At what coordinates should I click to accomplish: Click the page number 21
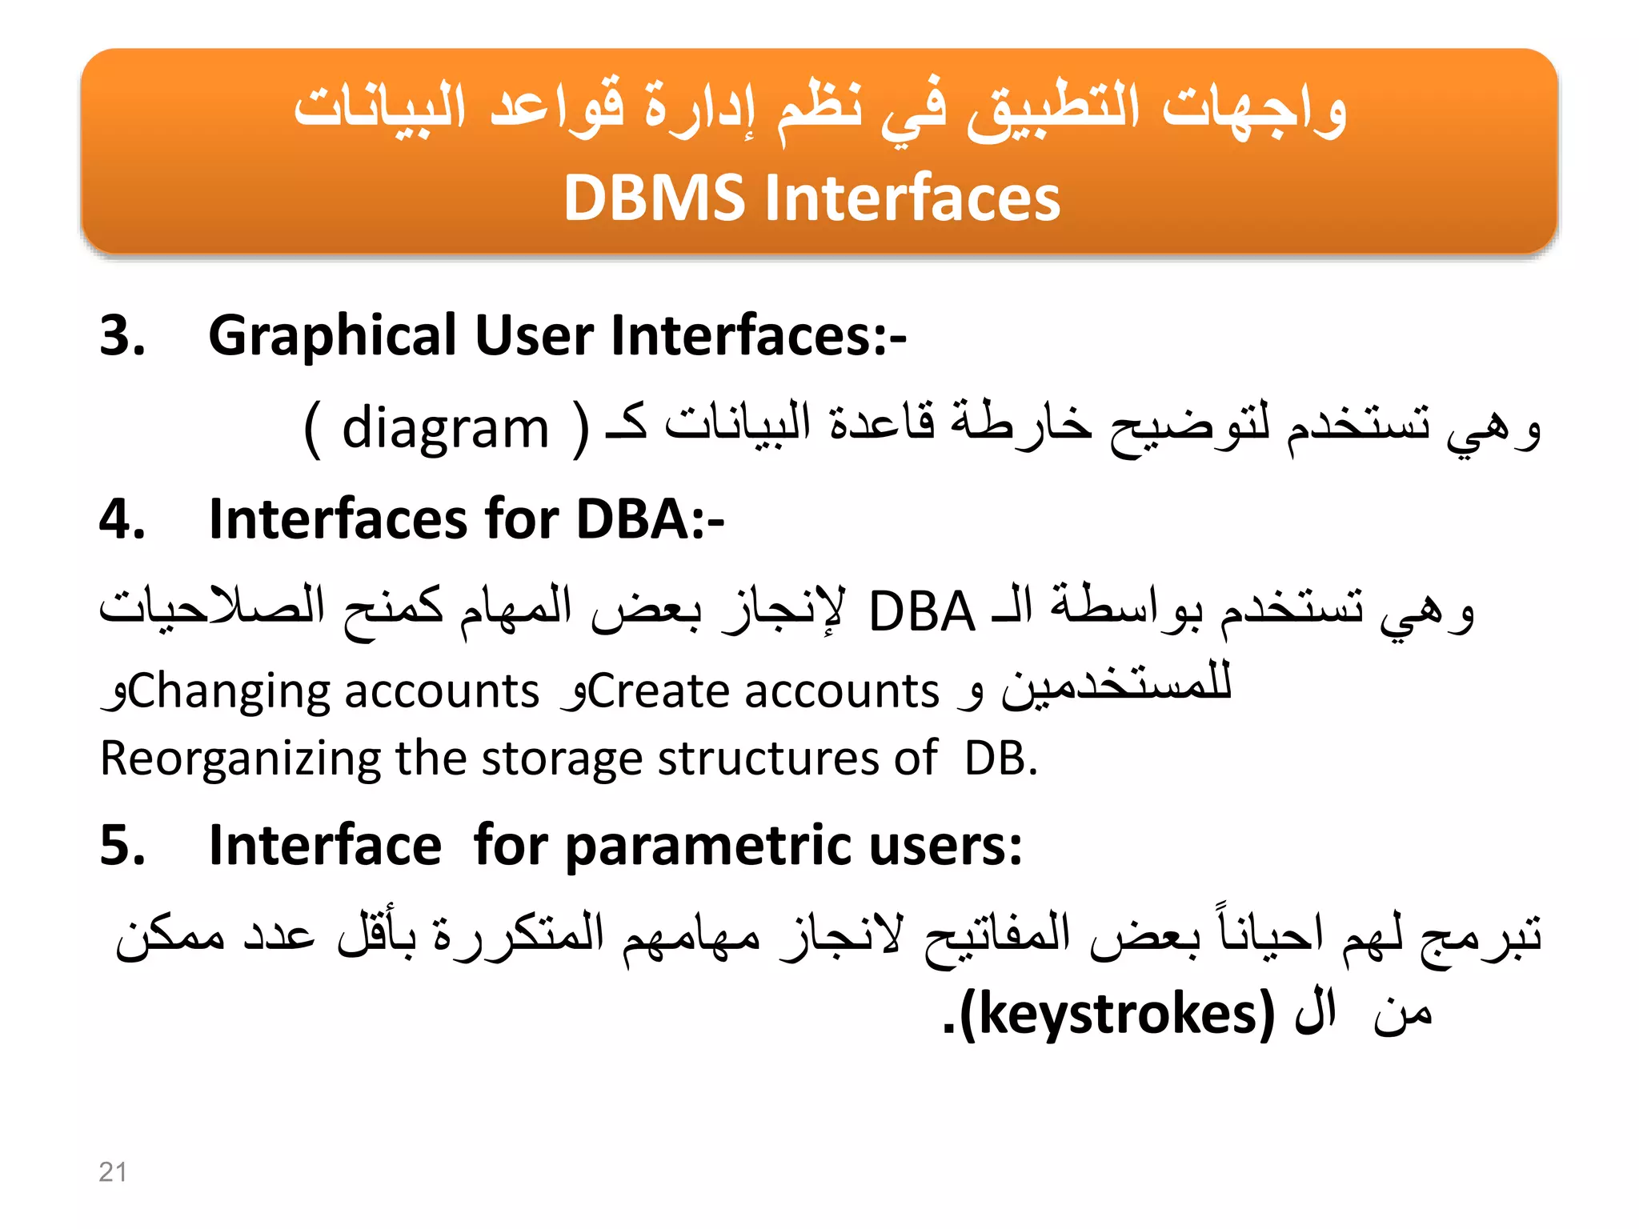point(113,1171)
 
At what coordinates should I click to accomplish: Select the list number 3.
point(122,334)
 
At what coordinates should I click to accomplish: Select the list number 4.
point(122,519)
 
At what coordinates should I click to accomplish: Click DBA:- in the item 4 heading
point(650,519)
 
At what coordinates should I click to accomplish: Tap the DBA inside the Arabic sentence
point(922,612)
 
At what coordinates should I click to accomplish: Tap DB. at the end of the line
point(1000,758)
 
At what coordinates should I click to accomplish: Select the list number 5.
point(122,845)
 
